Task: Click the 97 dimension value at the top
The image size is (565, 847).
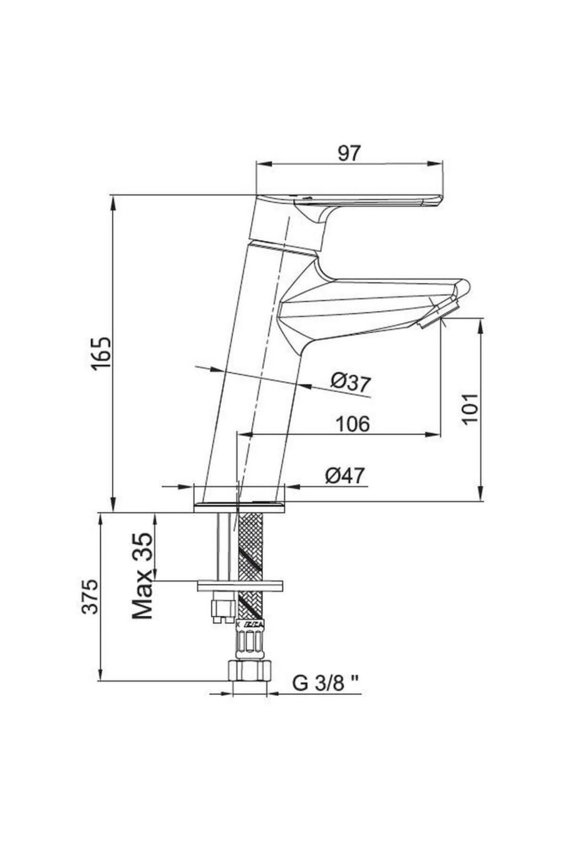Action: click(x=349, y=153)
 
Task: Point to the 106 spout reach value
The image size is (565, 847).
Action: click(x=353, y=424)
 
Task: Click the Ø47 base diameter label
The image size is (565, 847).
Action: click(x=345, y=476)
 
